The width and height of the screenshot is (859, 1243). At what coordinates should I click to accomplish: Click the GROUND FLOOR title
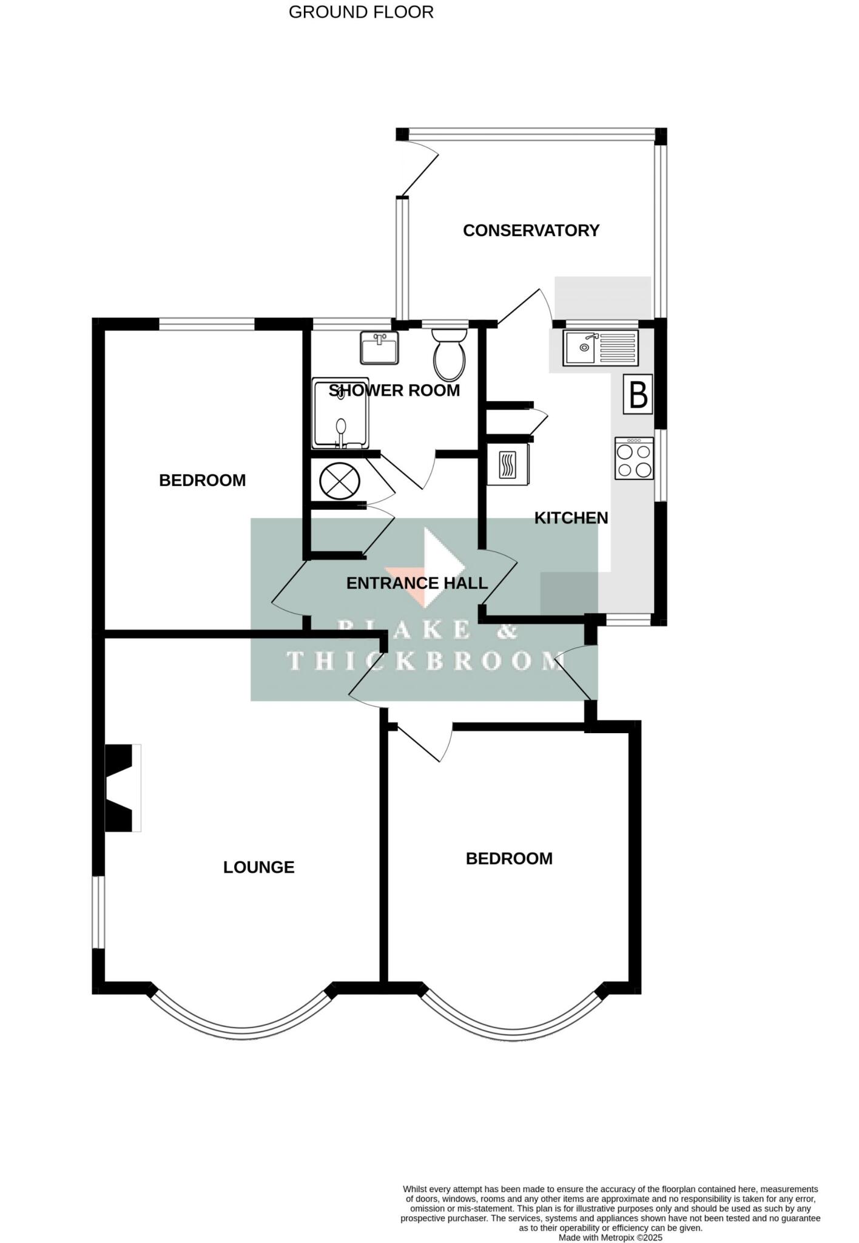(x=361, y=12)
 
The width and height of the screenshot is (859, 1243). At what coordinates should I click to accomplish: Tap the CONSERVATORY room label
(x=531, y=231)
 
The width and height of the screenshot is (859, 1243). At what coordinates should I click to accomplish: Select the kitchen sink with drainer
(x=601, y=348)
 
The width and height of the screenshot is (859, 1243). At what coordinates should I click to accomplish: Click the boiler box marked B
(x=638, y=395)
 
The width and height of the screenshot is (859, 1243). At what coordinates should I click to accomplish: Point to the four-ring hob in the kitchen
(x=634, y=458)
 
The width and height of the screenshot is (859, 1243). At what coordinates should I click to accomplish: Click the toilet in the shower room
(x=450, y=355)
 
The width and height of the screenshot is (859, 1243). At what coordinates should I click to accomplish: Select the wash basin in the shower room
(x=379, y=348)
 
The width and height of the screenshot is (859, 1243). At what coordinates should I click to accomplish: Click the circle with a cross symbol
(x=339, y=481)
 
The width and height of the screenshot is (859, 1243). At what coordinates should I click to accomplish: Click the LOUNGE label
(x=258, y=867)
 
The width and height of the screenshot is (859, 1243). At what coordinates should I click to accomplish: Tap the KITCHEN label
(x=571, y=518)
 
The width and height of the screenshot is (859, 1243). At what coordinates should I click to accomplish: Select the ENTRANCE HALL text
(x=417, y=583)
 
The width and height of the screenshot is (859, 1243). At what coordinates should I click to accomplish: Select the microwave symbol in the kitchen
(x=508, y=465)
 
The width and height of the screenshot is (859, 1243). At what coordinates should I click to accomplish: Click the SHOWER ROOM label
(x=394, y=391)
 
